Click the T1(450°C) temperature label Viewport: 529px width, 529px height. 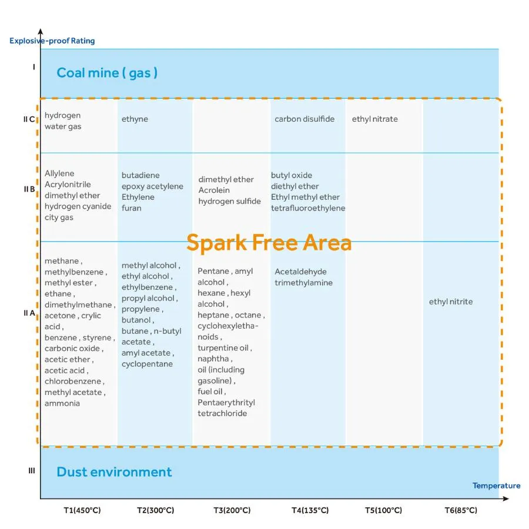[x=82, y=510]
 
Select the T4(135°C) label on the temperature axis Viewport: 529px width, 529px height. [x=310, y=510]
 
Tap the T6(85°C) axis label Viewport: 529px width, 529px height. [x=461, y=510]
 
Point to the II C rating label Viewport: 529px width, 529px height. [x=29, y=119]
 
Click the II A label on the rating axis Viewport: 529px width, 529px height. [x=29, y=313]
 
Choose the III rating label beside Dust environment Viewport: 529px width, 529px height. [x=32, y=471]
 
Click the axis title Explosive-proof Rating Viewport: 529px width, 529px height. [x=52, y=41]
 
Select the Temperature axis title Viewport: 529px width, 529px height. [x=496, y=486]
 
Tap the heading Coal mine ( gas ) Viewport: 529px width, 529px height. [x=107, y=73]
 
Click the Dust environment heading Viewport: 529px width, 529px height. [x=114, y=472]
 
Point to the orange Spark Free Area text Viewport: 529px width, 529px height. [x=269, y=243]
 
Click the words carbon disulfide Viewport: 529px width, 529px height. [x=304, y=119]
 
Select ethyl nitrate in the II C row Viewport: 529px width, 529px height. [x=375, y=119]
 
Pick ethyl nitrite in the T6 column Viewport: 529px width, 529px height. [x=451, y=302]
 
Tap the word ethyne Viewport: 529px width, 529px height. [x=135, y=119]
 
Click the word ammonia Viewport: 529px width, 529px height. [x=62, y=403]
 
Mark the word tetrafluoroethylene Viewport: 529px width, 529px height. [x=308, y=208]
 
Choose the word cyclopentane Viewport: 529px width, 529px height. [x=147, y=364]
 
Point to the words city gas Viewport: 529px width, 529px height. [x=59, y=217]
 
